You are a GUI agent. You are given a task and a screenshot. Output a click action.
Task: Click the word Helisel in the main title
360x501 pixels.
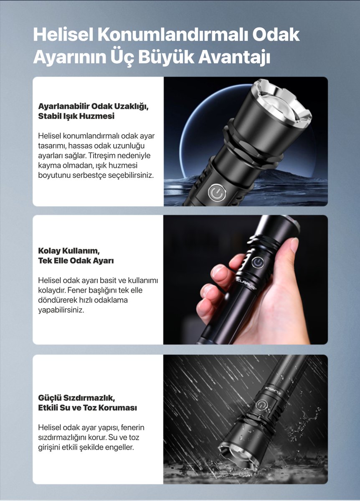click(x=63, y=35)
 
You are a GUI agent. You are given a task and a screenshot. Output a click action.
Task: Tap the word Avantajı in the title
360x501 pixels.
click(x=234, y=58)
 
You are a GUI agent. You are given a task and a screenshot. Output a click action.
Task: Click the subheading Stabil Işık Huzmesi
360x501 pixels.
click(x=76, y=116)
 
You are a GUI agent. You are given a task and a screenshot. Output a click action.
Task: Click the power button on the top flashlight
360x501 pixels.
click(x=216, y=192)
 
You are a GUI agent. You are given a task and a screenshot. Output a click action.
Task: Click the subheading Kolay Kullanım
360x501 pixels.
click(x=69, y=251)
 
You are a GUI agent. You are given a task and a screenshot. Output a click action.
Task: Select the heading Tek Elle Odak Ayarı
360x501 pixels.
click(x=76, y=261)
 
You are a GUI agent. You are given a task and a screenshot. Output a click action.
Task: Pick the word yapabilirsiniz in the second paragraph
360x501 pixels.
click(x=61, y=310)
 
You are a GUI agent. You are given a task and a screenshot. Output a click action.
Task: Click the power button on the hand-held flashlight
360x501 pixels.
click(x=258, y=262)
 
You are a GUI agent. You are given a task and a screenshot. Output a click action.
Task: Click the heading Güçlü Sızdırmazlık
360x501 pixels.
click(x=76, y=398)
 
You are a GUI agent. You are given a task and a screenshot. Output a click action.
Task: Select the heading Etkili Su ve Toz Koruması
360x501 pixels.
click(x=87, y=408)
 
